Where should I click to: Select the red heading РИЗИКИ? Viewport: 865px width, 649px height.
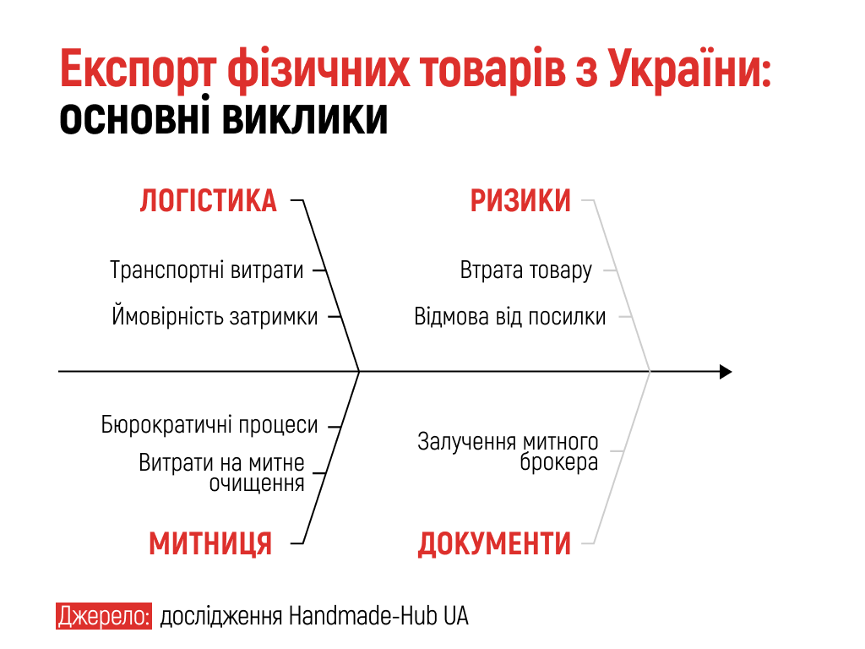[x=520, y=200]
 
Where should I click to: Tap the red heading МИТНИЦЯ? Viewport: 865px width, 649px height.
[x=210, y=543]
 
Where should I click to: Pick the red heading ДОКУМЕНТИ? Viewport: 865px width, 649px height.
[x=494, y=543]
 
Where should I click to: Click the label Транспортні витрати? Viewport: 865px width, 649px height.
[x=207, y=270]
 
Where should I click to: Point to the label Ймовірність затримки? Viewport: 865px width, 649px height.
[x=215, y=316]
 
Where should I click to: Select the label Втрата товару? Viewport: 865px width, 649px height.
[x=525, y=270]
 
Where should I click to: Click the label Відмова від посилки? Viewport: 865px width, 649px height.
[x=509, y=317]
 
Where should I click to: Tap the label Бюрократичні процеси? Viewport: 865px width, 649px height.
[x=209, y=425]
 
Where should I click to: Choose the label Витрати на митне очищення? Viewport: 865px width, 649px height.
[x=222, y=472]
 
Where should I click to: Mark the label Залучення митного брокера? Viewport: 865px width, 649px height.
[x=508, y=451]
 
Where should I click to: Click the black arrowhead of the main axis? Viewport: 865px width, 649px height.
[x=726, y=372]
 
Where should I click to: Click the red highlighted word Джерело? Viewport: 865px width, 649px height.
[x=104, y=616]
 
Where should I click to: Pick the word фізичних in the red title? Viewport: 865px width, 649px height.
[x=318, y=69]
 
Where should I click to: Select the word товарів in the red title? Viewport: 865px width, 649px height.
[x=492, y=69]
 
